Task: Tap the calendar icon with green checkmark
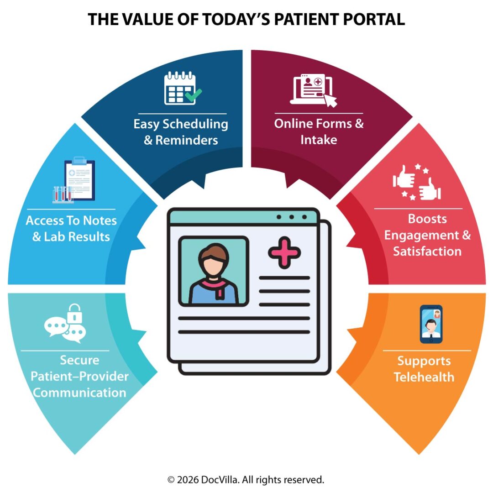click(x=182, y=89)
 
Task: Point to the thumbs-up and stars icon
click(x=417, y=183)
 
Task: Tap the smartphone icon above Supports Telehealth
click(x=431, y=324)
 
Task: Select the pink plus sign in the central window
click(x=284, y=252)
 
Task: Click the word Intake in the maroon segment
click(x=319, y=140)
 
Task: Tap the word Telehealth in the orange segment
click(x=424, y=377)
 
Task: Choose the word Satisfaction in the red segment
click(x=427, y=251)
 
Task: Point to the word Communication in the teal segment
click(x=80, y=392)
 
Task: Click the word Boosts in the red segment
click(x=427, y=219)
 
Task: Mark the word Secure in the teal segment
click(x=79, y=360)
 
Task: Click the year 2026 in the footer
click(x=187, y=480)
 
